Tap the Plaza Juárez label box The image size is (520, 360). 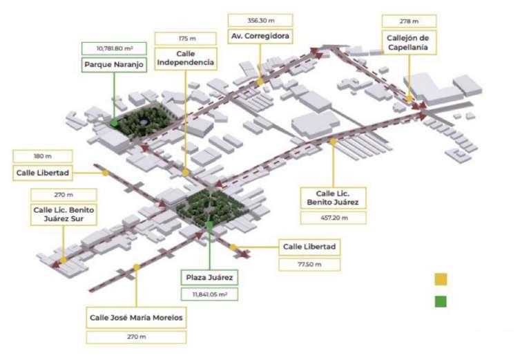click(x=210, y=278)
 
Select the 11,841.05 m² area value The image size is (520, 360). click(x=210, y=294)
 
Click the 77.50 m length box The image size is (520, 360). click(x=309, y=264)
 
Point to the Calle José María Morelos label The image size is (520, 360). click(x=137, y=319)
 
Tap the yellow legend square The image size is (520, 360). click(x=441, y=279)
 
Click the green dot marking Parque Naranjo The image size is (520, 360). click(x=114, y=122)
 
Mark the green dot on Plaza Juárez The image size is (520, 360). click(x=210, y=225)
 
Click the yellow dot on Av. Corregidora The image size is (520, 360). click(x=260, y=82)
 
